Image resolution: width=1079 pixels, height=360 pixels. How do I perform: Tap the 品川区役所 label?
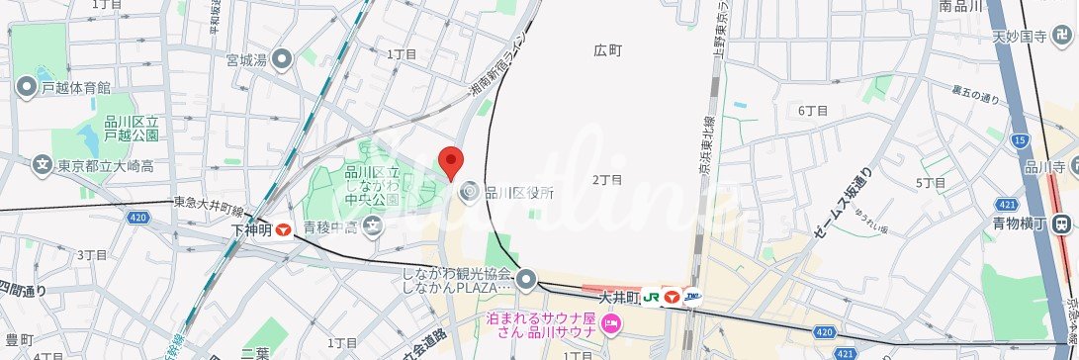[518, 193]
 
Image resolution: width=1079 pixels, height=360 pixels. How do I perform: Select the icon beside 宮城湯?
[283, 59]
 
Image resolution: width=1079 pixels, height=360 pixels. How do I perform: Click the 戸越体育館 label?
[75, 88]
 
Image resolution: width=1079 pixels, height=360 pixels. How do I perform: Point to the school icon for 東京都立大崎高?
[42, 164]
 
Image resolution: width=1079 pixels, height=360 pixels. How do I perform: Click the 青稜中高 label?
[331, 228]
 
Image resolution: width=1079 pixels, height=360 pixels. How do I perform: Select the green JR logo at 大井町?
[652, 296]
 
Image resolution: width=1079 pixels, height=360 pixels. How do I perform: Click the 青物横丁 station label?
[1019, 225]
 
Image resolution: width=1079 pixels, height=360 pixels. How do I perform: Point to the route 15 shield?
[1020, 141]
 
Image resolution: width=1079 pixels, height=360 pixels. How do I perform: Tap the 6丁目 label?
[813, 111]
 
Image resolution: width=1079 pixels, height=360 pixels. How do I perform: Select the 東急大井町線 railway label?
[208, 203]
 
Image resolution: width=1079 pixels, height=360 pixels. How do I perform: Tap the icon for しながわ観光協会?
[526, 280]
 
